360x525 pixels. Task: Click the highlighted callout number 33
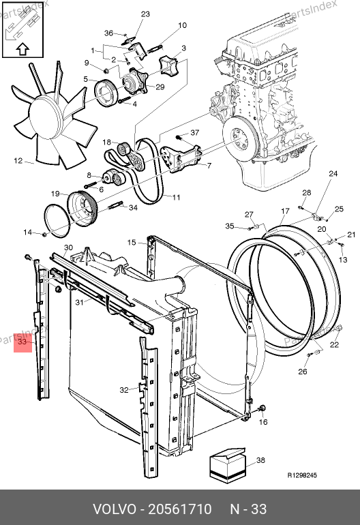tap(22, 342)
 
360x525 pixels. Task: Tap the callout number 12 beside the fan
tap(18, 161)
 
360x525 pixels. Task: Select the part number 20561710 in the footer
tap(180, 509)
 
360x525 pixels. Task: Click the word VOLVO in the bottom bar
tap(115, 509)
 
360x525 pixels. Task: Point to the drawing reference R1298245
tap(302, 475)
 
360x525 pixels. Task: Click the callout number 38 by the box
tap(260, 460)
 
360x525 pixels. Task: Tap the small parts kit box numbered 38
tap(227, 465)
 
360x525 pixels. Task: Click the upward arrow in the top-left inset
tap(22, 49)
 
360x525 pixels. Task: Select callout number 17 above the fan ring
tap(285, 211)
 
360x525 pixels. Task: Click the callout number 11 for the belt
tap(176, 197)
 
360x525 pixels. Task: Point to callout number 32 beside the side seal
tap(124, 390)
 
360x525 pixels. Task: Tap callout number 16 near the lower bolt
tap(263, 422)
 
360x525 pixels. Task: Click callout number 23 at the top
tap(145, 14)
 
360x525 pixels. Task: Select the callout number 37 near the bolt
tap(195, 132)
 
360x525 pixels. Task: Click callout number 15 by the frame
tap(132, 242)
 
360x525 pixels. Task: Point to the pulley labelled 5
tap(105, 93)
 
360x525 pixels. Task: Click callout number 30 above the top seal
tap(68, 247)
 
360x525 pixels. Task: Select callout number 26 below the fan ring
tap(303, 371)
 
